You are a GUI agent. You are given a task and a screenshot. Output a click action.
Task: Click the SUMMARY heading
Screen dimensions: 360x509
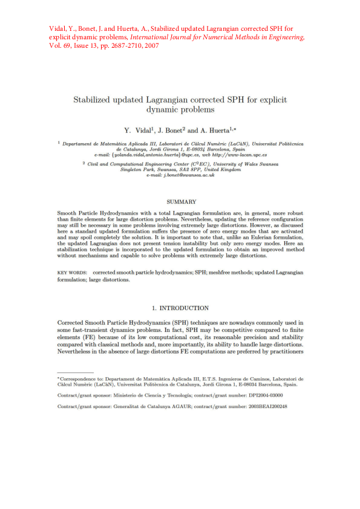[180, 201]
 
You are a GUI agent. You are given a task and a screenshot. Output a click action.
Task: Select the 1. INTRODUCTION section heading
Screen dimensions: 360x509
[180, 308]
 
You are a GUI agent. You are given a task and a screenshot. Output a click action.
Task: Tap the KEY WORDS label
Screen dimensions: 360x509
[71, 273]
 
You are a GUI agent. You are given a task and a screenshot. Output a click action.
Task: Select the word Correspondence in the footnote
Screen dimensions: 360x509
[78, 378]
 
